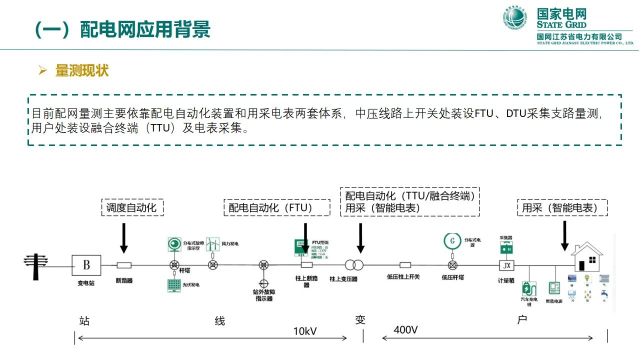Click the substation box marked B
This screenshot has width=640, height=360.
click(x=86, y=265)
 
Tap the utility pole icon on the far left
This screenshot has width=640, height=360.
click(x=36, y=265)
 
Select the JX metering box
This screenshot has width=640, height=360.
click(x=506, y=265)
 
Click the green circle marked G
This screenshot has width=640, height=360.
click(x=453, y=241)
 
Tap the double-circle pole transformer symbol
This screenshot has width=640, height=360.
click(x=354, y=265)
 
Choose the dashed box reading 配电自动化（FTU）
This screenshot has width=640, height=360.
click(x=276, y=207)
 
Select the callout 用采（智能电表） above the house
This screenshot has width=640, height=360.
click(x=562, y=207)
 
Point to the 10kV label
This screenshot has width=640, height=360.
click(x=305, y=331)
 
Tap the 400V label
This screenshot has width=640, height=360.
click(x=406, y=330)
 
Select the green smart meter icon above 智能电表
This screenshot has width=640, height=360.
click(x=554, y=288)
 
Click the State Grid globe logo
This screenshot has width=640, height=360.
click(x=515, y=18)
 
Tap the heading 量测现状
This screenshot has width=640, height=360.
click(x=81, y=70)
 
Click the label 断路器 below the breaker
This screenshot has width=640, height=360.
click(x=124, y=280)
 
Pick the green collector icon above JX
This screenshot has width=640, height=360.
click(x=506, y=247)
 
